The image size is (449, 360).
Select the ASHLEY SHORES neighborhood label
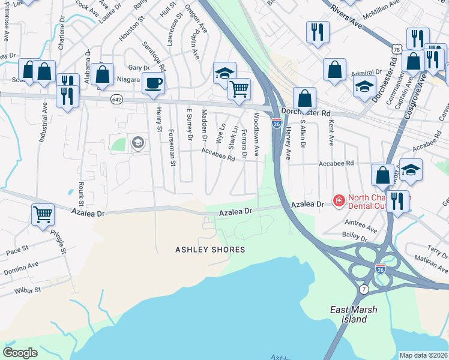tap(210, 250)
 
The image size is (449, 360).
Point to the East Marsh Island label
tap(348, 314)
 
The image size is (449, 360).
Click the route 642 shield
tap(117, 100)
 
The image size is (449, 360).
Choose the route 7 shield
tap(364, 290)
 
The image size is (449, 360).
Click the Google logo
tap(20, 352)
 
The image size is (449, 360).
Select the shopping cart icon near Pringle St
tap(43, 214)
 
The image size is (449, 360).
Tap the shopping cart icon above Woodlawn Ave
tap(239, 89)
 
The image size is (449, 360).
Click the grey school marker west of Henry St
tap(137, 143)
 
